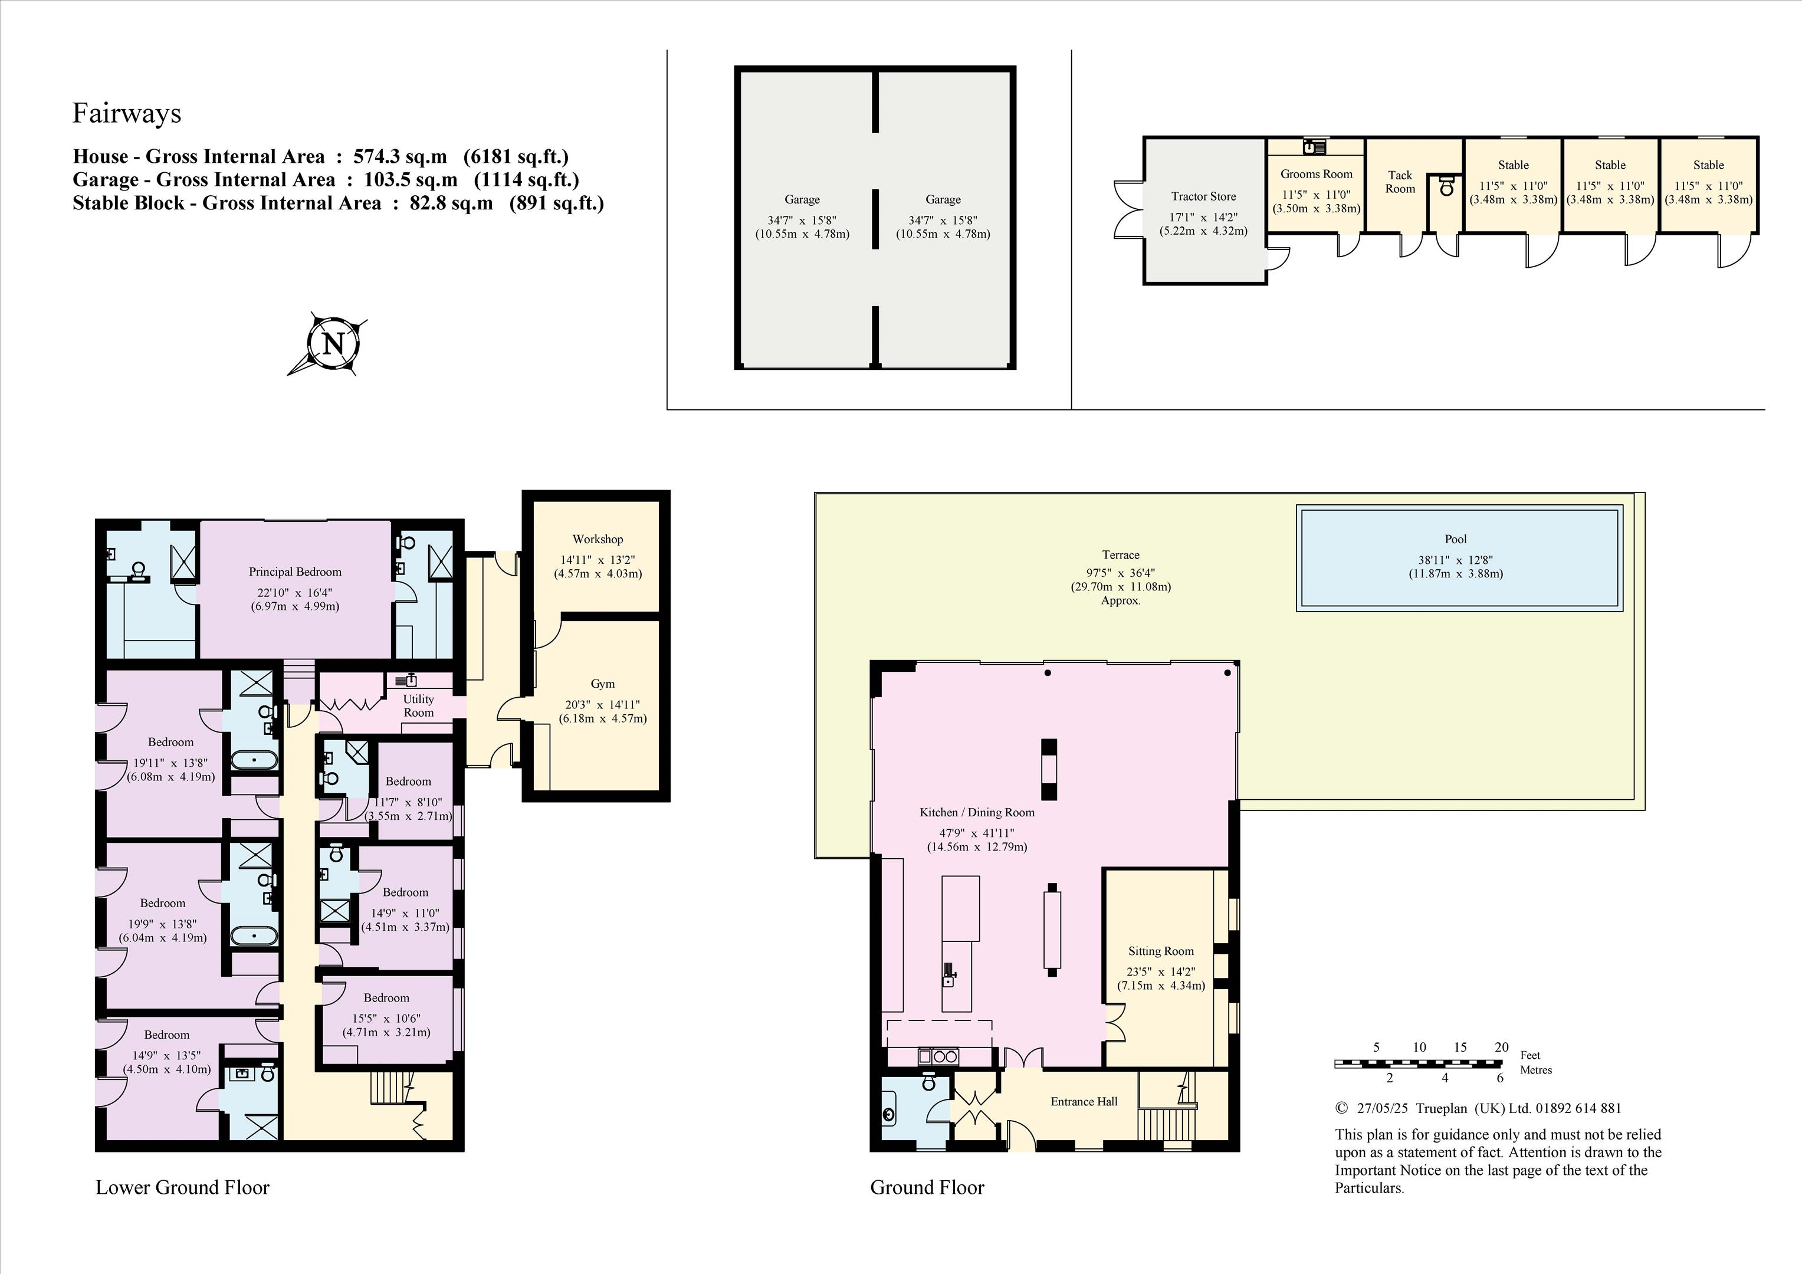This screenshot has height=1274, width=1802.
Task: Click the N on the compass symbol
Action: click(334, 344)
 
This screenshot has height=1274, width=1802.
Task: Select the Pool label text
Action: click(1456, 539)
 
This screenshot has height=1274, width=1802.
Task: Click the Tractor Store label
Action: click(1204, 196)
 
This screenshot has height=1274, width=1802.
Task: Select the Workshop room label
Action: click(598, 539)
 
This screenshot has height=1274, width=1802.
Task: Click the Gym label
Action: click(603, 684)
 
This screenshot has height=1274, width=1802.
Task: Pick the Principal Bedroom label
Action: click(295, 572)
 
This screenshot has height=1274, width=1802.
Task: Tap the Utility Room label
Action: click(418, 705)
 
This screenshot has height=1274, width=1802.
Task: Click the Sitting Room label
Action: click(1161, 951)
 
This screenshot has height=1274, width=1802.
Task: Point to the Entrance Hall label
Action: click(1084, 1101)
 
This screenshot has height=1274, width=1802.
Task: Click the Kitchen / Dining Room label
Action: click(977, 812)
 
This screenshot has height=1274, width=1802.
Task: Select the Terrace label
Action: click(1121, 555)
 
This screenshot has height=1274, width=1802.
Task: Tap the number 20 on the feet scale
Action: click(1501, 1047)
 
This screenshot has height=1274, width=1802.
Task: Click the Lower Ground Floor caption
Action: click(183, 1188)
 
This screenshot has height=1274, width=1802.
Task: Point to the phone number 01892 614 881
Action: click(1578, 1108)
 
